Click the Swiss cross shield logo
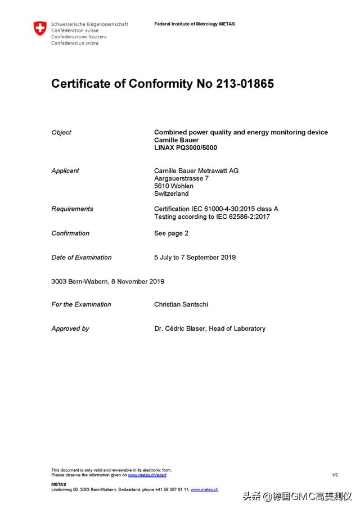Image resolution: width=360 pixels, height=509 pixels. click(39, 29)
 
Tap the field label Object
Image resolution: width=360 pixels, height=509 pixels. click(61, 133)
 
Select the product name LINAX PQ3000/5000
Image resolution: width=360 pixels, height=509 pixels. click(185, 148)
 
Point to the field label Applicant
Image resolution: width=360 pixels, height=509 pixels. click(65, 171)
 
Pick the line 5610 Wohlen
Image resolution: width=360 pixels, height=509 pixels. click(173, 186)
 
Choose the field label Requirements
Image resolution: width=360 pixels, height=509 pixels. click(72, 209)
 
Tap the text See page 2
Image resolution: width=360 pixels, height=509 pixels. click(171, 233)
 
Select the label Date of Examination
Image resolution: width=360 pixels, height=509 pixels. click(82, 258)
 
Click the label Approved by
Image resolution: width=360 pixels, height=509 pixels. click(70, 329)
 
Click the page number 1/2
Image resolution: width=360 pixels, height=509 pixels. click(335, 475)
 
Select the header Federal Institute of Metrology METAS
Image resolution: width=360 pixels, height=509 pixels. click(195, 24)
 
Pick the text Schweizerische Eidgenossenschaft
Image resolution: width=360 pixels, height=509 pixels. click(89, 25)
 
